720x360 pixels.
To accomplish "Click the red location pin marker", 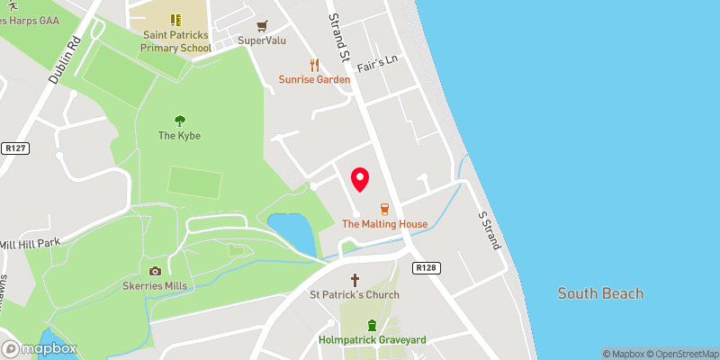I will click(360, 179).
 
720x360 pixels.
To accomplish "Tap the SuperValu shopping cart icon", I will click(262, 26).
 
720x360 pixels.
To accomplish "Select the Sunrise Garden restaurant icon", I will click(314, 65).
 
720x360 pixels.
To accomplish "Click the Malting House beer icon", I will click(384, 209).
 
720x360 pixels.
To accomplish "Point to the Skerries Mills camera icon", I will click(155, 271).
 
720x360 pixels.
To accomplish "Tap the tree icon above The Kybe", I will click(179, 121).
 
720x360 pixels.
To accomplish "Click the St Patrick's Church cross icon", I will click(355, 280).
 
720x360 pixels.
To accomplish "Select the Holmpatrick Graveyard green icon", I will click(372, 325).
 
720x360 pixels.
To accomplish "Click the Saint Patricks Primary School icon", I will click(175, 19).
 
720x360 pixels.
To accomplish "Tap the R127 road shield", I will click(13, 148).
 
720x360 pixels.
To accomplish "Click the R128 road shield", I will click(425, 268).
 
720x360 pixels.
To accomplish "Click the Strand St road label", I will click(339, 39).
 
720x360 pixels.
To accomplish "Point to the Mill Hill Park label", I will click(29, 244).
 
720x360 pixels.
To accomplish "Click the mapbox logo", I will click(39, 348).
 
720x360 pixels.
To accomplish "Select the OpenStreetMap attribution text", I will click(680, 354).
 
